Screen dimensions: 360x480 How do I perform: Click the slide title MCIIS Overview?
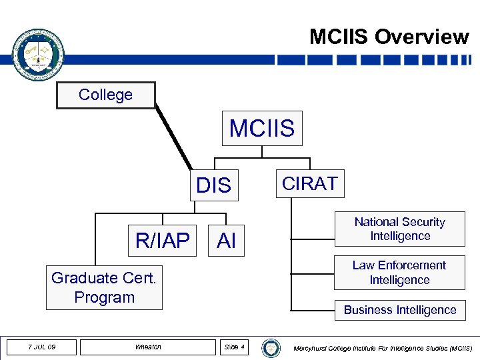(389, 37)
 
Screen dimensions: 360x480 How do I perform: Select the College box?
(106, 95)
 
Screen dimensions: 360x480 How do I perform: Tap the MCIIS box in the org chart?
(262, 128)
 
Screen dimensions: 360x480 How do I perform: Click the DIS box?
(214, 185)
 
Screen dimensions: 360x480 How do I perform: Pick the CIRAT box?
(310, 183)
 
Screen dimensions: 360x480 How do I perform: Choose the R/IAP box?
(163, 240)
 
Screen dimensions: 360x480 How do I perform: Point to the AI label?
(227, 241)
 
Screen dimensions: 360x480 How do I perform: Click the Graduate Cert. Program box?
(104, 287)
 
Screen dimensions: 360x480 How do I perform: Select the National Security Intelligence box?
(399, 229)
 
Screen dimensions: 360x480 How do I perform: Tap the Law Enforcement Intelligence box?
(399, 273)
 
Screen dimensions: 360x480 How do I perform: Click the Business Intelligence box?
(399, 310)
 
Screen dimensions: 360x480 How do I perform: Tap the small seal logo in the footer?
(271, 347)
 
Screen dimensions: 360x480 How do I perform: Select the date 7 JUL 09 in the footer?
(42, 347)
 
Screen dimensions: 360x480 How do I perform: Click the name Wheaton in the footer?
(148, 347)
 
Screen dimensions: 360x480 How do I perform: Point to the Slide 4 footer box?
(234, 347)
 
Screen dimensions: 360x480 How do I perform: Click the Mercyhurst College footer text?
(383, 348)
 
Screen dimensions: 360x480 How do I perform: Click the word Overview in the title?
(421, 37)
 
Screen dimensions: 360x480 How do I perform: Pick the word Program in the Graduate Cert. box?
(104, 297)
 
